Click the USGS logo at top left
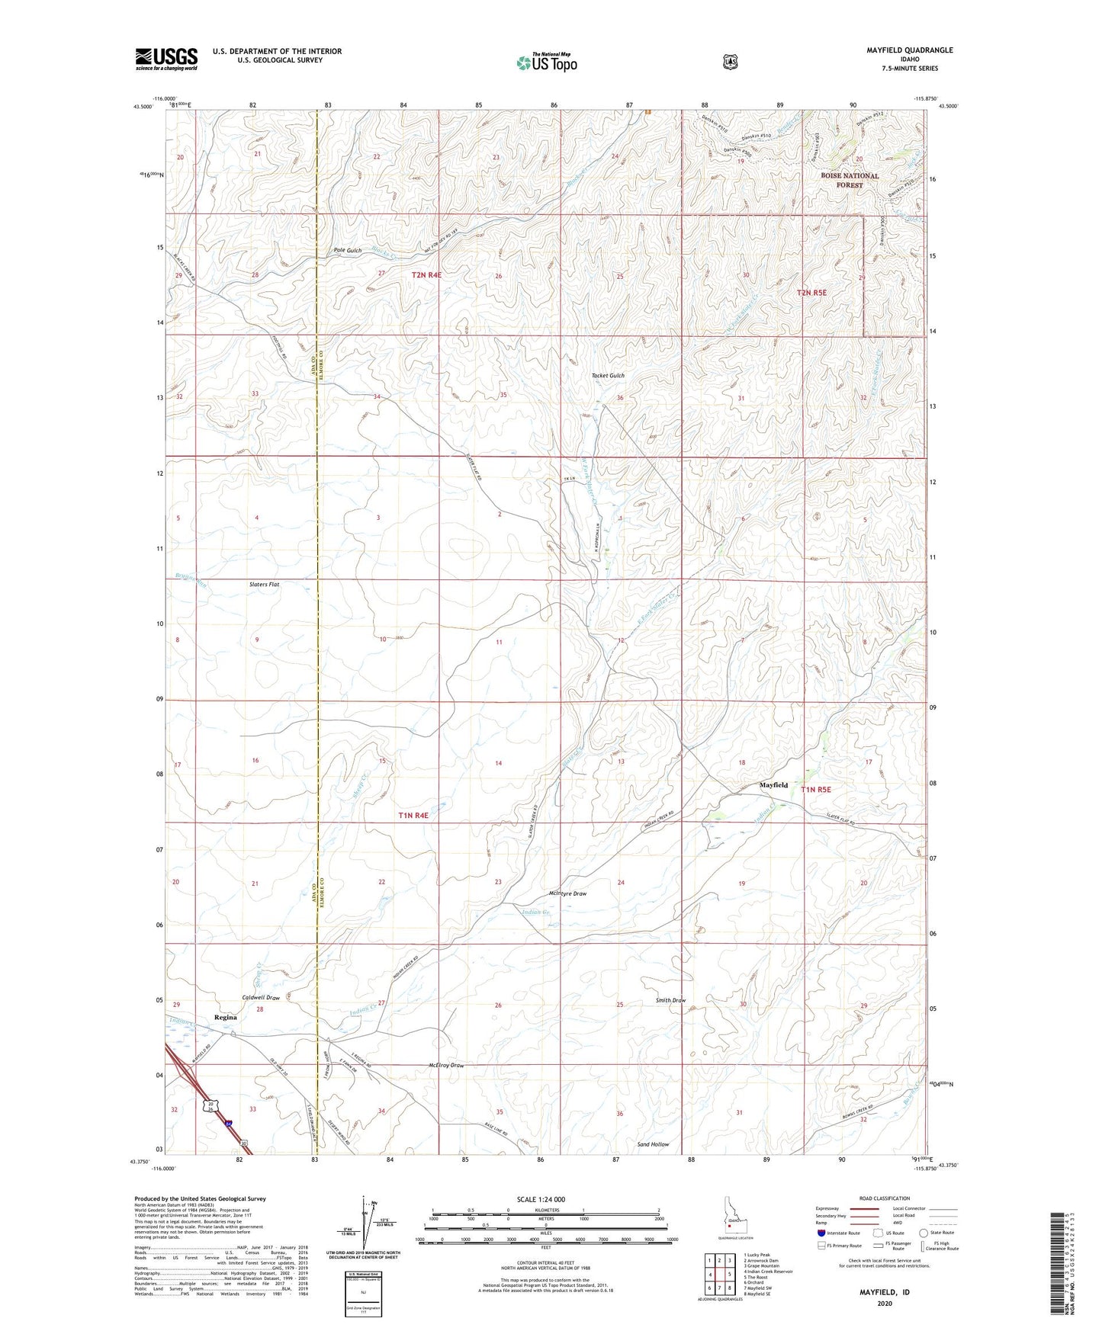click(x=166, y=59)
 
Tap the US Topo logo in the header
click(x=546, y=63)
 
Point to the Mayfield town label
click(x=773, y=784)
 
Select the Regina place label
click(x=226, y=1017)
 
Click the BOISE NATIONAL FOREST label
click(x=850, y=180)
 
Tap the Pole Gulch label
click(x=348, y=250)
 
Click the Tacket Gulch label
click(x=608, y=376)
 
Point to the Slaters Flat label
click(x=265, y=585)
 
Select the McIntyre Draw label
click(x=567, y=893)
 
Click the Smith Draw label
click(x=670, y=1000)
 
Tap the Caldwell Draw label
click(x=262, y=997)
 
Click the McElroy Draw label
click(x=446, y=1065)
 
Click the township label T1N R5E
click(x=815, y=790)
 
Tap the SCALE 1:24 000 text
click(x=541, y=1199)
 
